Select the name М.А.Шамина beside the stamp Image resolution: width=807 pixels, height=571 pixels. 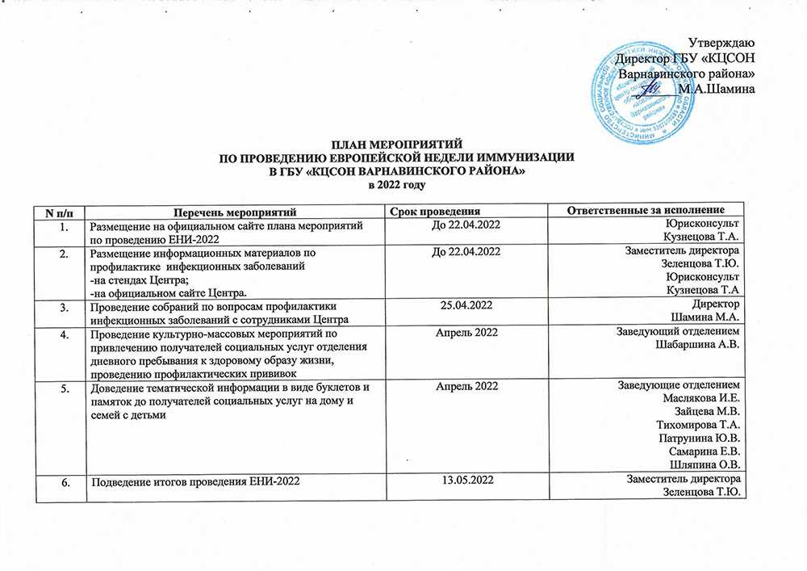[x=717, y=89]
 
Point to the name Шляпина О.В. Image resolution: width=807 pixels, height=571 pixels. [x=705, y=464]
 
